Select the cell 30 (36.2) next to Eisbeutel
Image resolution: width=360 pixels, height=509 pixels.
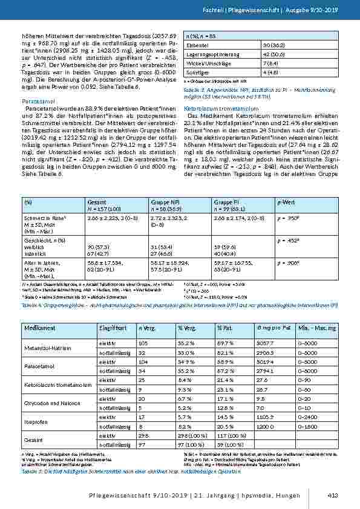click(273, 45)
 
